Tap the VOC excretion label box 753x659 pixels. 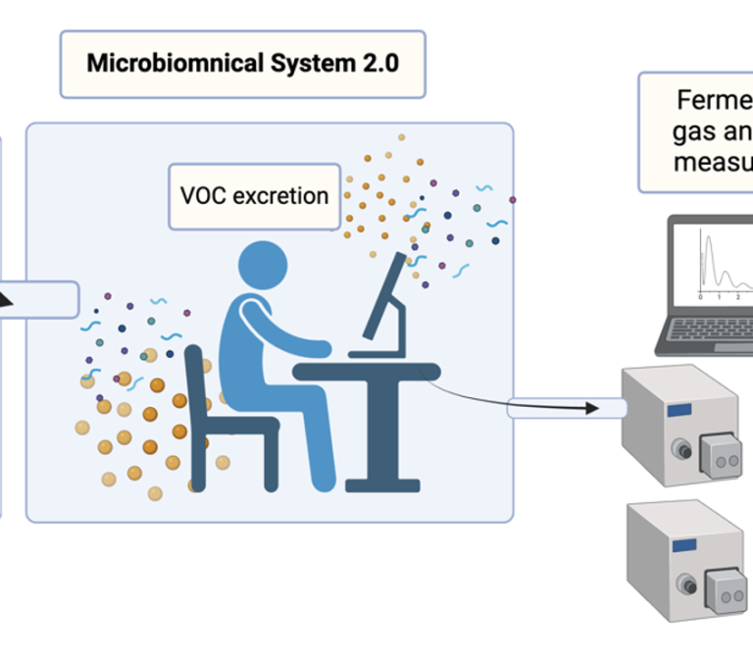click(x=254, y=195)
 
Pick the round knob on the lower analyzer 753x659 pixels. click(x=678, y=585)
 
